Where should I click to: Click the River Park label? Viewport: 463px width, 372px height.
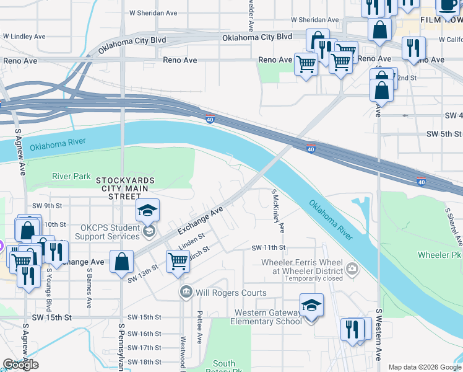tap(72, 176)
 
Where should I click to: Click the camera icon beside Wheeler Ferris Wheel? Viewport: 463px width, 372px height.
tap(352, 268)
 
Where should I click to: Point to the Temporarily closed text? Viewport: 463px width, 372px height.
tap(301, 279)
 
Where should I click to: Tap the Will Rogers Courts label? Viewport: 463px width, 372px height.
tap(231, 293)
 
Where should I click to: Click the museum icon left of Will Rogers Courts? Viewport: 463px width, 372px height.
tap(186, 292)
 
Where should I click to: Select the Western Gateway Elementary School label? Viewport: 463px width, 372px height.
tap(266, 317)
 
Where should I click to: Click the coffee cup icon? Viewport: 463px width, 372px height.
tap(447, 6)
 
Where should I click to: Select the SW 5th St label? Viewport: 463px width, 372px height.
tap(444, 134)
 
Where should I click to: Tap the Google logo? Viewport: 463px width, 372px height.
tap(20, 365)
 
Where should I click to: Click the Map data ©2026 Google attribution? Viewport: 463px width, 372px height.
tap(424, 367)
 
